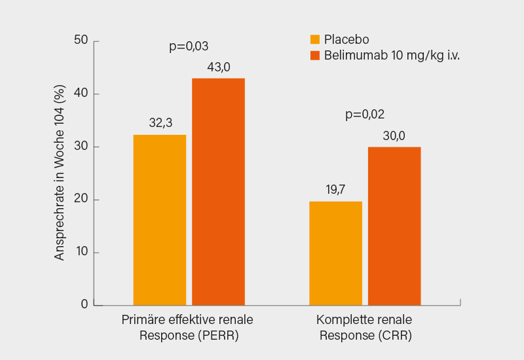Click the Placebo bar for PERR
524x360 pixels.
[x=159, y=220]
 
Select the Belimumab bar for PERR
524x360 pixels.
[x=218, y=191]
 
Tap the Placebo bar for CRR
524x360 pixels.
[x=335, y=253]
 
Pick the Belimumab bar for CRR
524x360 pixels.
[x=394, y=226]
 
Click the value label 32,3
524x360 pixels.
[x=160, y=123]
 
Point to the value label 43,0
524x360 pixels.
[x=218, y=67]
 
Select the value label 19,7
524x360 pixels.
[x=335, y=190]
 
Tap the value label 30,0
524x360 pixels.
[x=394, y=135]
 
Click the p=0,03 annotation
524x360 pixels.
[x=189, y=46]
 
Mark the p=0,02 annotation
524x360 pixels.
[x=365, y=115]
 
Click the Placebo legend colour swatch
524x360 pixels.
[x=315, y=39]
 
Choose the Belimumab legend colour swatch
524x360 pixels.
[x=315, y=56]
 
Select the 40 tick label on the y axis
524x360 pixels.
[x=81, y=94]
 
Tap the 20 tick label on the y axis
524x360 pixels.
[x=81, y=200]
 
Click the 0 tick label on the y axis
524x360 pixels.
[x=84, y=304]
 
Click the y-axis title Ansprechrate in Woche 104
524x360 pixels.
[x=60, y=173]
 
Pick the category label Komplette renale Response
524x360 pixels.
[x=365, y=328]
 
